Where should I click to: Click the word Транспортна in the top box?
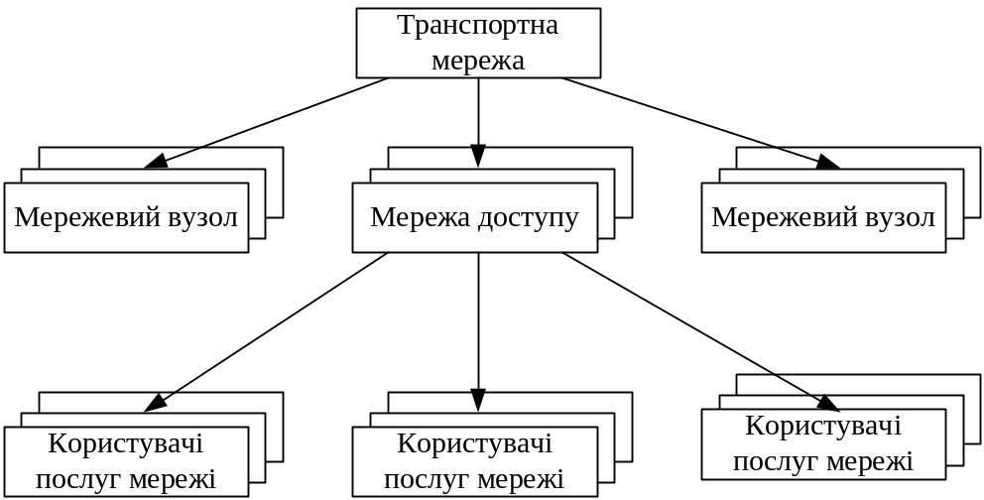[x=478, y=25]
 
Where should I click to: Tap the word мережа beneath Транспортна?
[x=478, y=60]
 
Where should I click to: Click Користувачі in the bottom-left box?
[x=126, y=443]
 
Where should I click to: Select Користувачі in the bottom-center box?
[x=474, y=443]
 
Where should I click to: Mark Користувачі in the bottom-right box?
[x=823, y=427]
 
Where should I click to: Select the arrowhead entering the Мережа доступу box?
[x=478, y=157]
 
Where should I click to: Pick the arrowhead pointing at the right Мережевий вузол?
[x=829, y=162]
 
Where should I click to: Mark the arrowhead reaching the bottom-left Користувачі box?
[x=156, y=403]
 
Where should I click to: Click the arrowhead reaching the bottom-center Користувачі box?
[x=478, y=400]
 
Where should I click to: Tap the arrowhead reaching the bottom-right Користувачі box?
[x=828, y=403]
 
